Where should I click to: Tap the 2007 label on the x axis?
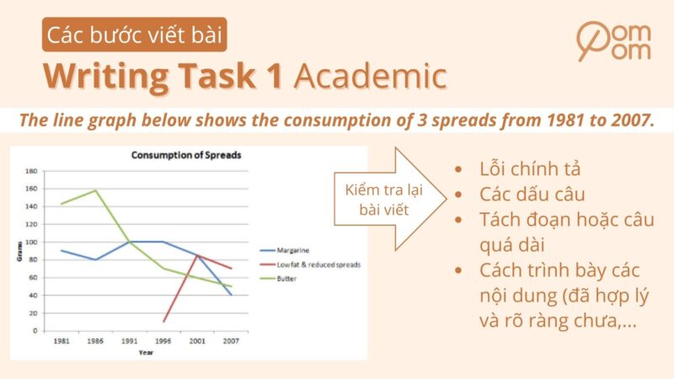[x=230, y=342]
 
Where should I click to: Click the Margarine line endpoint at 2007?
[x=230, y=295]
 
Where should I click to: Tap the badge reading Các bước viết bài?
[x=136, y=35]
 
